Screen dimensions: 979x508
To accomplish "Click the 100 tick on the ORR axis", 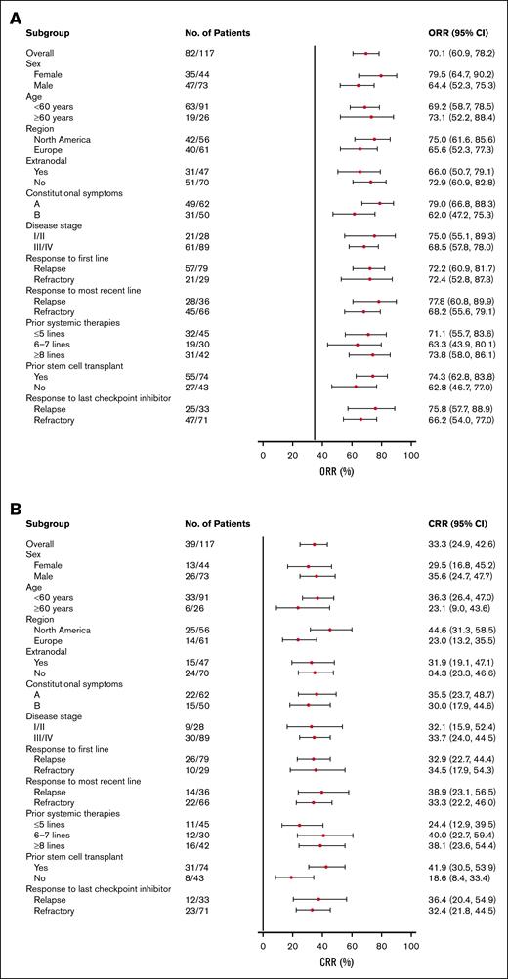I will coord(411,455).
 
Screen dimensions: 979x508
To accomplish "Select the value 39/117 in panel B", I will coord(199,544).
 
